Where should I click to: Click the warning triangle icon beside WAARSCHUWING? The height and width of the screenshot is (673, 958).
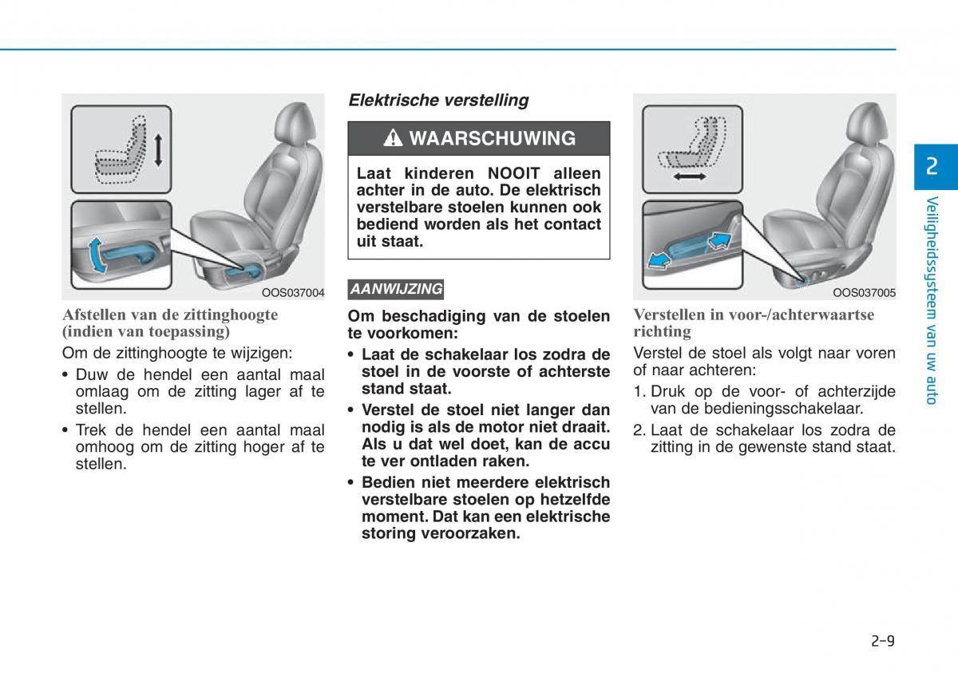point(393,138)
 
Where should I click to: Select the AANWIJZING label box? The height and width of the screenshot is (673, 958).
point(396,290)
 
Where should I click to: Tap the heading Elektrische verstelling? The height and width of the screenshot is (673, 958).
point(438,101)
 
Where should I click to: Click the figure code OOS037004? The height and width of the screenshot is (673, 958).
point(293,293)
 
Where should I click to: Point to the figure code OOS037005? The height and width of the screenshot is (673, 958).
point(864,293)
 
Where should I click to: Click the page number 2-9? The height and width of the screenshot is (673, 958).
point(883,641)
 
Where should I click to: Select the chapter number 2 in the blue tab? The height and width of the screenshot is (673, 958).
point(932,166)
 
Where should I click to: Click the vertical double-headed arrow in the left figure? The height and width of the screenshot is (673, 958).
point(158,150)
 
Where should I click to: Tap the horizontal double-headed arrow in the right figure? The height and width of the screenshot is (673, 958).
point(690,176)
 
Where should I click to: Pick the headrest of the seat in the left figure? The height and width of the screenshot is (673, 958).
point(295,123)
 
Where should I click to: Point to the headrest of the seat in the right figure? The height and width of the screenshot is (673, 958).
point(866,123)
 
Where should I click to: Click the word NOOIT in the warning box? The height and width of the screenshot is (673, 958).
point(513,173)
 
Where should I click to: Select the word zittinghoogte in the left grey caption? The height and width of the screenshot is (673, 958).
point(231,315)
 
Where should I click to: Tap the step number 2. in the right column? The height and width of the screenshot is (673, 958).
point(639,430)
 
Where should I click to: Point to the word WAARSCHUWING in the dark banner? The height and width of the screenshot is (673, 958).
point(493,138)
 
